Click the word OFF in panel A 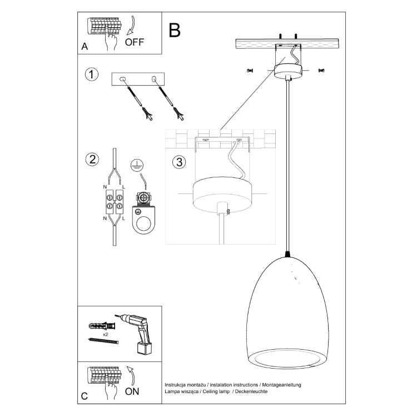pyautogui.click(x=135, y=42)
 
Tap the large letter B pyautogui.click(x=175, y=30)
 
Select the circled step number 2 pyautogui.click(x=92, y=160)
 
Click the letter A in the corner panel pyautogui.click(x=85, y=47)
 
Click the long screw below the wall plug pyautogui.click(x=104, y=340)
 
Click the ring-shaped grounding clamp pyautogui.click(x=144, y=221)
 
